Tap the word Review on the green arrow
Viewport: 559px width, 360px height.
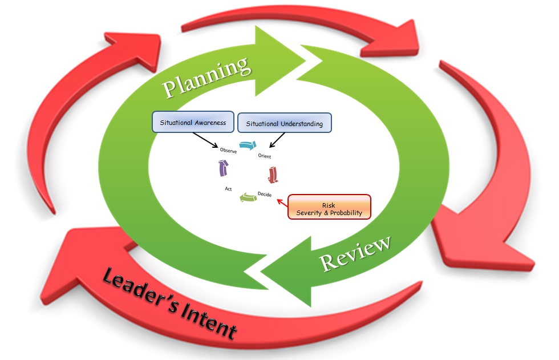tap(356, 253)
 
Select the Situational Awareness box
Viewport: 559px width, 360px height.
tap(192, 122)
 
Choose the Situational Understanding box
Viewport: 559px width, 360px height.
tap(284, 123)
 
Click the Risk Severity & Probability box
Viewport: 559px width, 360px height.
tap(329, 207)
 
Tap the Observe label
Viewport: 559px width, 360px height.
tap(228, 151)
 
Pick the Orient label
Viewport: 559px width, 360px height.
tap(264, 156)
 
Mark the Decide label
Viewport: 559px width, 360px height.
tap(264, 194)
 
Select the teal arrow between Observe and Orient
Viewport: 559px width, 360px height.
tap(248, 146)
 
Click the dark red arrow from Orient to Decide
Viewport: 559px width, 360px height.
tap(272, 174)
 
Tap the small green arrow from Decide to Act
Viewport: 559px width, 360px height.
tap(247, 197)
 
